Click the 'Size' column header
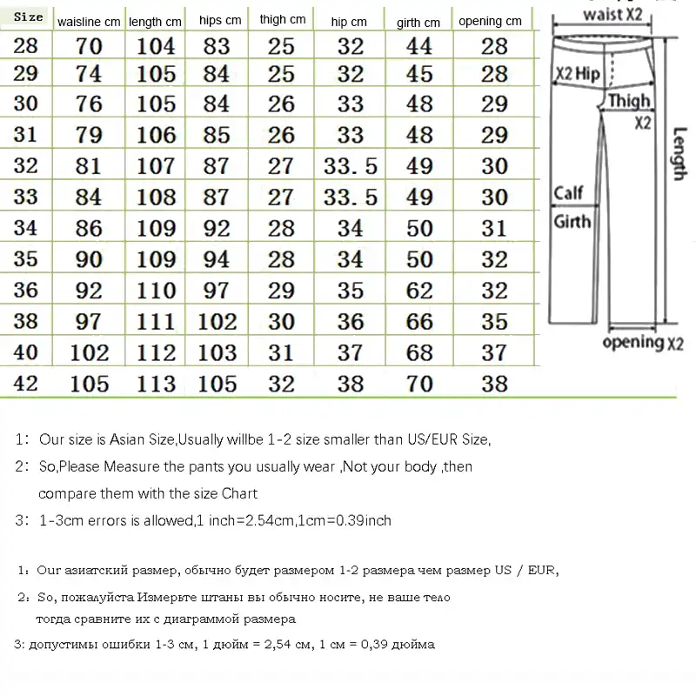[x=29, y=17]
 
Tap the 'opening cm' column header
[x=490, y=21]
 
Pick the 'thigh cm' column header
[x=283, y=19]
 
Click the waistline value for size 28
[x=89, y=47]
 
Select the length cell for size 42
[x=157, y=384]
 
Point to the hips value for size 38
[x=217, y=322]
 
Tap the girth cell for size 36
[x=419, y=291]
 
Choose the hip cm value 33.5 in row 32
[x=351, y=165]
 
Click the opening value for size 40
[x=494, y=352]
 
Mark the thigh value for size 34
[x=282, y=229]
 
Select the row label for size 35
[x=26, y=259]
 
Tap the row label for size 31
[x=26, y=135]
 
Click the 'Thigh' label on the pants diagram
[x=628, y=101]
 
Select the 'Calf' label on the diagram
[x=568, y=193]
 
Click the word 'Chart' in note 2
[x=239, y=493]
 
